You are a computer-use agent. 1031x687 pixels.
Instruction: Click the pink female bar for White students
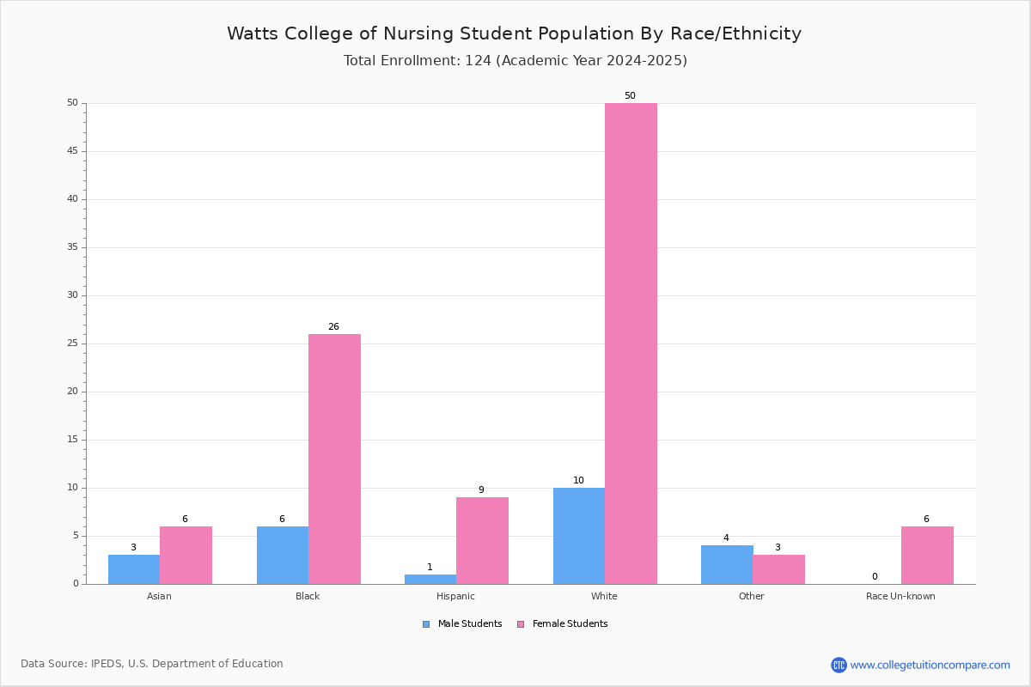tap(631, 343)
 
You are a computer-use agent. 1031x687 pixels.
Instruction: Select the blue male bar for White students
tap(579, 536)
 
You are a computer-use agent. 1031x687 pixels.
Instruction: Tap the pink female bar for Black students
tap(334, 459)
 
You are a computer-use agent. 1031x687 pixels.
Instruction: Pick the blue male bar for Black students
tap(283, 555)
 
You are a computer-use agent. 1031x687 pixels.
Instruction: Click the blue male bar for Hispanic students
tap(430, 580)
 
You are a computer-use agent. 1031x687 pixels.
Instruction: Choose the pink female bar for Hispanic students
tap(482, 541)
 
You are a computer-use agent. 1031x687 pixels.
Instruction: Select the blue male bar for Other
tap(727, 564)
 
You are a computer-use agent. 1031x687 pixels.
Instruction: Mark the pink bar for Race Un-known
tap(927, 555)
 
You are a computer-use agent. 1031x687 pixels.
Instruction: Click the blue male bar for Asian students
tap(134, 569)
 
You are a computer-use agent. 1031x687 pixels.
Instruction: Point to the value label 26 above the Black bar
tap(333, 326)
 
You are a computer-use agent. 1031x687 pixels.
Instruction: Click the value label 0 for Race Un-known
tap(875, 576)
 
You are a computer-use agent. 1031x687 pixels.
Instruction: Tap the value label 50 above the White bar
tap(630, 95)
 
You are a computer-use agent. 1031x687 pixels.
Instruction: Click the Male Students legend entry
tap(462, 624)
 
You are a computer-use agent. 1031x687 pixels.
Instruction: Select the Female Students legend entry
tap(563, 624)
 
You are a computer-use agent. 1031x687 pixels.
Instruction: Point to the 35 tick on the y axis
tap(73, 247)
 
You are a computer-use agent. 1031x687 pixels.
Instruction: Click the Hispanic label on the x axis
tap(455, 596)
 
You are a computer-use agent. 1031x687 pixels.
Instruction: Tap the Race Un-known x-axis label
tap(900, 596)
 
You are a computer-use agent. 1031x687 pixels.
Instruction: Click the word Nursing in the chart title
tap(418, 34)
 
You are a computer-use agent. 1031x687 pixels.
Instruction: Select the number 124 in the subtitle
tap(479, 61)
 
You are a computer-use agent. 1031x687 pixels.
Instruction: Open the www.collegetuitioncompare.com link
tap(930, 666)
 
